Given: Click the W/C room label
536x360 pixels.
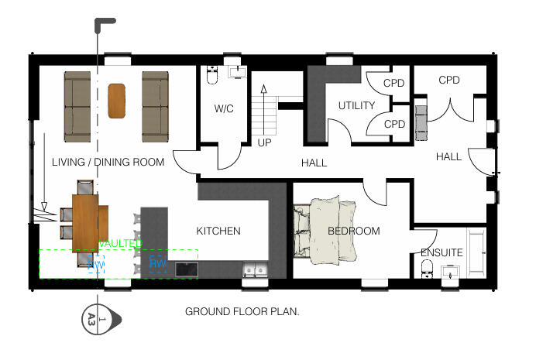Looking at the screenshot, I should tap(224, 109).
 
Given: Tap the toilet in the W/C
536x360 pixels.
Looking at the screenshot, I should tap(211, 76).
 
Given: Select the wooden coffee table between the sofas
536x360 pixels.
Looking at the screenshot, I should tap(117, 101).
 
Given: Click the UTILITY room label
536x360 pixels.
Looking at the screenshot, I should tap(356, 105).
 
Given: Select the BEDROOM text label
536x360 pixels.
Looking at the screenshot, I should tap(354, 231).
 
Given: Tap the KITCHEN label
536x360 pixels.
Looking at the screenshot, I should tap(218, 231).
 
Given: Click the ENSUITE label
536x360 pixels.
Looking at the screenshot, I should tap(442, 252).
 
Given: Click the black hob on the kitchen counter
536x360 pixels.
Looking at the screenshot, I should tap(187, 269).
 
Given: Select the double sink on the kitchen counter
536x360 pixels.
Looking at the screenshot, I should tap(255, 270).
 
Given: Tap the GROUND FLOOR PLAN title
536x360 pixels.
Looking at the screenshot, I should tap(242, 312).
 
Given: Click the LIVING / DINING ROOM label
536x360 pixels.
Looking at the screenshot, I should tap(108, 163).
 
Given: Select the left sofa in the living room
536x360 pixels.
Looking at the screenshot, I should tap(77, 101).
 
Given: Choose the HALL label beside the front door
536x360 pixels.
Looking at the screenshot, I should tap(448, 156).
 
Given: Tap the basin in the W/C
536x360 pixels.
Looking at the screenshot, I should tap(238, 74).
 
